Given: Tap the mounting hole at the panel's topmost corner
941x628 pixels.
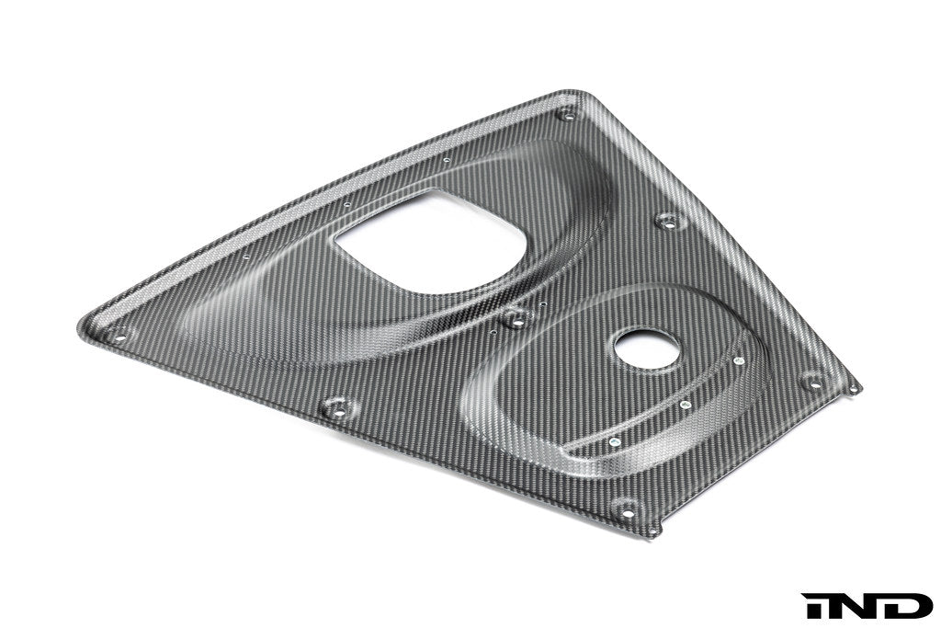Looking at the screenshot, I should point(567,115).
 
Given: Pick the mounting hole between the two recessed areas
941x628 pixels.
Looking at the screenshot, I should point(516,319).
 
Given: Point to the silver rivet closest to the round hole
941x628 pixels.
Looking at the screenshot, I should point(738,360).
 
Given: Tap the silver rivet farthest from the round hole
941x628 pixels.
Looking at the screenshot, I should point(614,441).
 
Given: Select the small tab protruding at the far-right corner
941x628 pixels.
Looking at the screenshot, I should point(855,388).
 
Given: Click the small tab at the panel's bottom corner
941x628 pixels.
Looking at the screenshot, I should point(652,531).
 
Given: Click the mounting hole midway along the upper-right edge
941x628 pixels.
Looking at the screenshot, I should point(668,222).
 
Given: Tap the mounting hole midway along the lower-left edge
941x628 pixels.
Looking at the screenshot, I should point(337,409).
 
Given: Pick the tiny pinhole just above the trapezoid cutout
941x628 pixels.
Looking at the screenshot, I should point(446,161).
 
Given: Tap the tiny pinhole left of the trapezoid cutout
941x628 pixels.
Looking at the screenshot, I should point(349,205).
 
